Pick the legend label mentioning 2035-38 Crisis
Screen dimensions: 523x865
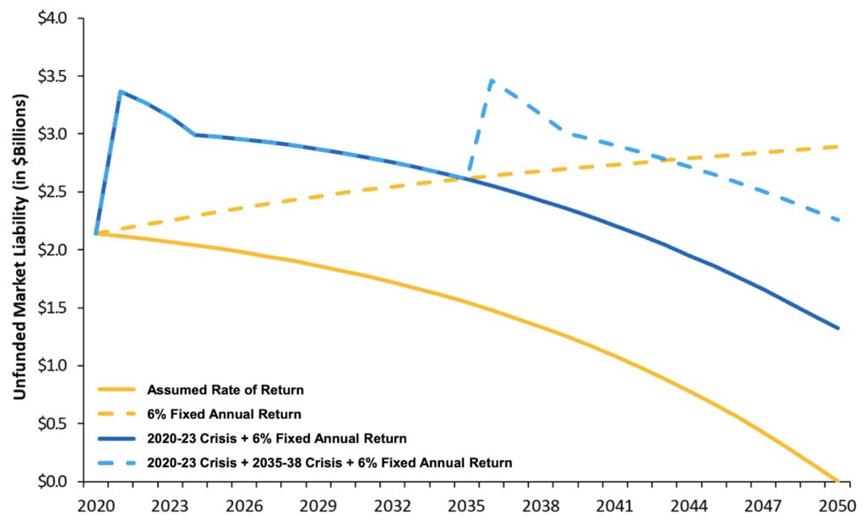click(x=330, y=462)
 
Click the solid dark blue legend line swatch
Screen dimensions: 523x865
click(x=117, y=439)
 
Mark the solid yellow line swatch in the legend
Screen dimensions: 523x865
click(x=117, y=390)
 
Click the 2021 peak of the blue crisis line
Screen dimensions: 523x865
click(x=121, y=91)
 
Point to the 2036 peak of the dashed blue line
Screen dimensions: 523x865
click(x=492, y=80)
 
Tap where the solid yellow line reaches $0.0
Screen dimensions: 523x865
click(x=837, y=481)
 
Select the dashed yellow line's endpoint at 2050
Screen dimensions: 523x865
click(x=837, y=146)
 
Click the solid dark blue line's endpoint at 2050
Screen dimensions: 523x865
click(x=837, y=328)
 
